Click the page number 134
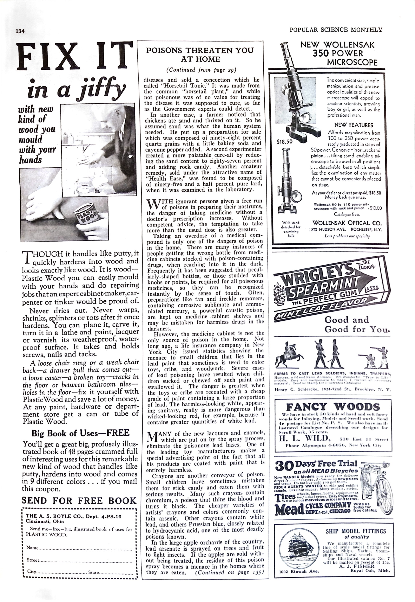click(x=20, y=31)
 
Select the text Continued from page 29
click(x=201, y=70)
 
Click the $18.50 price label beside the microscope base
click(x=285, y=142)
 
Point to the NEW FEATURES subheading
click(x=353, y=125)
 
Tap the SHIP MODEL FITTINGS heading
click(x=356, y=531)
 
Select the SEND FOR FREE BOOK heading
click(x=79, y=500)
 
